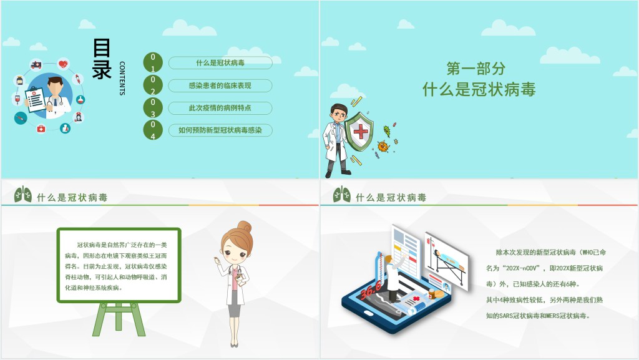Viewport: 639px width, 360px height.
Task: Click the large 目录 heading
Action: click(x=102, y=59)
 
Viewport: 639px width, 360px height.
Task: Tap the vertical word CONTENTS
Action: click(x=122, y=78)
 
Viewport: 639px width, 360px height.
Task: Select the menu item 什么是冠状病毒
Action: click(x=220, y=63)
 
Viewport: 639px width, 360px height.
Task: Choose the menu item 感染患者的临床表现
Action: click(x=220, y=85)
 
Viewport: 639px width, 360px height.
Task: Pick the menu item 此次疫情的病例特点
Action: click(x=220, y=108)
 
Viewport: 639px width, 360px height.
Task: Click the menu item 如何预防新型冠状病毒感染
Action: click(x=220, y=130)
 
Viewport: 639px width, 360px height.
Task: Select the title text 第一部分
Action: click(x=476, y=69)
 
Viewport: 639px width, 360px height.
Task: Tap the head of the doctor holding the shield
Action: click(x=339, y=114)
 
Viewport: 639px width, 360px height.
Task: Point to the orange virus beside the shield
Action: click(x=383, y=147)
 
